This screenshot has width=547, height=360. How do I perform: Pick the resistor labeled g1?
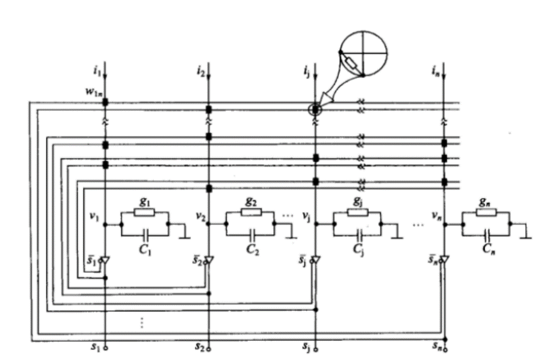click(x=145, y=212)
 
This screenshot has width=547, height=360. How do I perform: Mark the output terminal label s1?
click(x=96, y=345)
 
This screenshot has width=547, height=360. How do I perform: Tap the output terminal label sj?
click(x=306, y=345)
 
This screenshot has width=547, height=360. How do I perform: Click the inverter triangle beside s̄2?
click(x=209, y=260)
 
